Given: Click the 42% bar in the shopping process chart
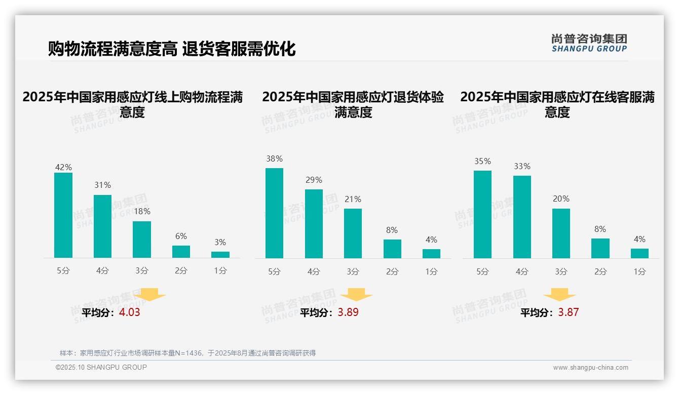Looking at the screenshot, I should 63,215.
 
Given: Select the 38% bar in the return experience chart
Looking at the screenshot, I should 274,213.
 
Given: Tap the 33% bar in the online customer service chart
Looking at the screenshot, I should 522,217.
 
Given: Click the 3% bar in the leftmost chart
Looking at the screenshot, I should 220,255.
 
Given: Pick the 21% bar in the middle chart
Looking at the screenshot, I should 353,233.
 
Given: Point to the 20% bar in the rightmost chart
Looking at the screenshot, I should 561,233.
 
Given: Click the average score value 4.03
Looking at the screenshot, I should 129,312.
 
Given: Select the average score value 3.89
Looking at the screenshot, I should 348,312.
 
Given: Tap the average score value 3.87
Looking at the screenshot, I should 568,312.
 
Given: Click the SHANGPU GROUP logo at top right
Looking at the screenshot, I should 589,43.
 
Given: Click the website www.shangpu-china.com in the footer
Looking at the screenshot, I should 590,368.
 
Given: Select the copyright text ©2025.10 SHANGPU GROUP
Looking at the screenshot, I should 101,367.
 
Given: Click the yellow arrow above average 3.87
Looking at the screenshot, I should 559,295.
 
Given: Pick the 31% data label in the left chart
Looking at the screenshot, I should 102,185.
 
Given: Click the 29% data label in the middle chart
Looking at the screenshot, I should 314,180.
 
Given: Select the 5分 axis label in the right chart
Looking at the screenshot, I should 482,271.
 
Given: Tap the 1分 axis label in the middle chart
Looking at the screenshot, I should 431,271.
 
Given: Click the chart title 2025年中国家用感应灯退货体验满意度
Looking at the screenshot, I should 353,104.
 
